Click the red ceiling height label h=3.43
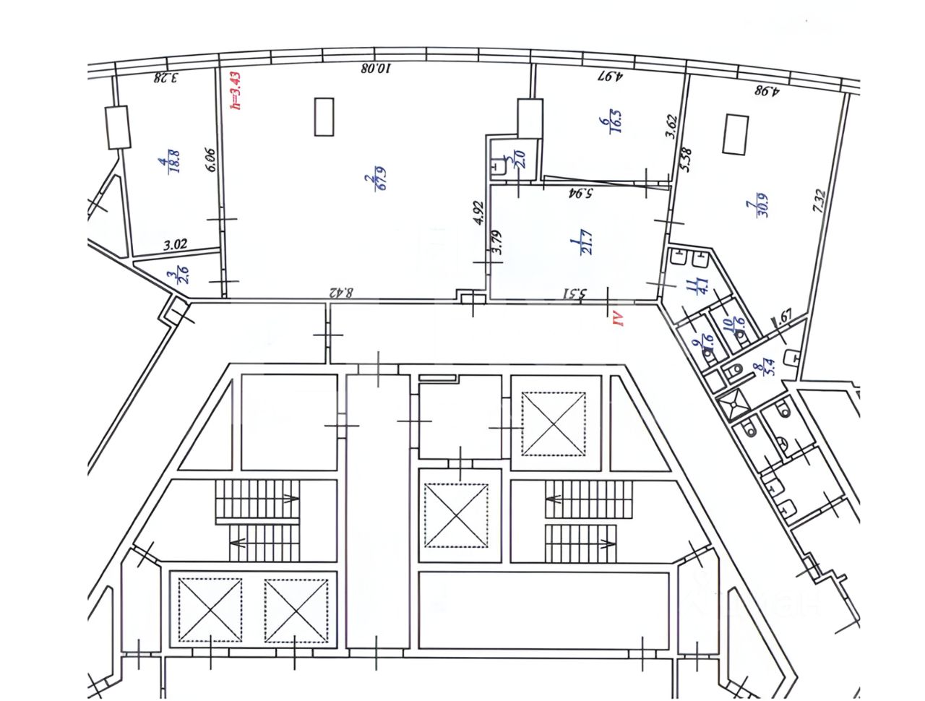pos(234,90)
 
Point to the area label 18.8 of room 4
pos(173,162)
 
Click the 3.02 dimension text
pos(176,245)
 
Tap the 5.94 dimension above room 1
pos(580,193)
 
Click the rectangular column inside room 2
pos(324,116)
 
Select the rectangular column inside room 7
pos(734,134)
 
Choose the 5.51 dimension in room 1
pos(578,293)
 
